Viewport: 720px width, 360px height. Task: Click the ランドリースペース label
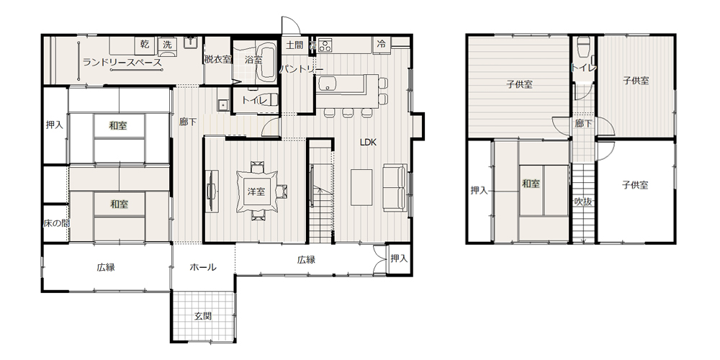pos(122,62)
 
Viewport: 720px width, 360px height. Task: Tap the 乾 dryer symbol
pos(145,45)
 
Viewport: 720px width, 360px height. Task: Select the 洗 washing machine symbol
pos(168,45)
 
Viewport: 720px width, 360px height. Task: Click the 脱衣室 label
pos(218,59)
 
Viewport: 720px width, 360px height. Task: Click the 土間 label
pos(294,45)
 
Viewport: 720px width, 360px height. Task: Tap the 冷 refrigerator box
pos(381,45)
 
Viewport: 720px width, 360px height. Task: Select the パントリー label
pos(301,69)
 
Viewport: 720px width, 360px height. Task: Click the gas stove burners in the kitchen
pos(325,45)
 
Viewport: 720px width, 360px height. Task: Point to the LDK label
pos(368,143)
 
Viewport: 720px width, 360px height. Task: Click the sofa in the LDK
pos(395,187)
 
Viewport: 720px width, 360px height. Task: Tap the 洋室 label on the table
pos(256,192)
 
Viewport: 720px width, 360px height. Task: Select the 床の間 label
pos(56,224)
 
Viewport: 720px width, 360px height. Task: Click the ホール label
pos(203,267)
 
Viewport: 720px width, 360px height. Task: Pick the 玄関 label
pos(203,316)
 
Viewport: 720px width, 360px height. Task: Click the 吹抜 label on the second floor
pos(583,201)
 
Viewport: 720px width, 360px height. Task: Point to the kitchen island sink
pos(327,83)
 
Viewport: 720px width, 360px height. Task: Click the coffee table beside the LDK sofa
pos(361,187)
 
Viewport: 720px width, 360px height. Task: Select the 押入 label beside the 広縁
pos(399,258)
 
